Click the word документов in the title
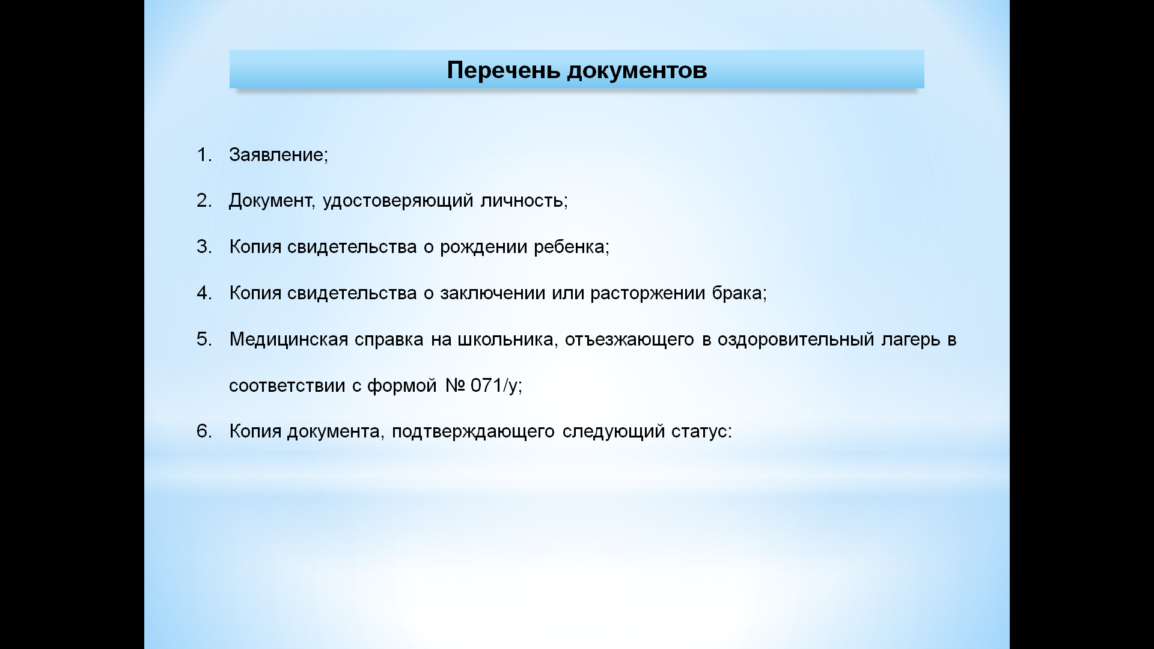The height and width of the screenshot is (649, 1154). (x=637, y=71)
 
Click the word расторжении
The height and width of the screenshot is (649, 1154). (x=647, y=294)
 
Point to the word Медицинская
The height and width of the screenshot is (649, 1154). (x=288, y=340)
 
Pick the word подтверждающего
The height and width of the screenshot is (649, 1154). (x=473, y=432)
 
